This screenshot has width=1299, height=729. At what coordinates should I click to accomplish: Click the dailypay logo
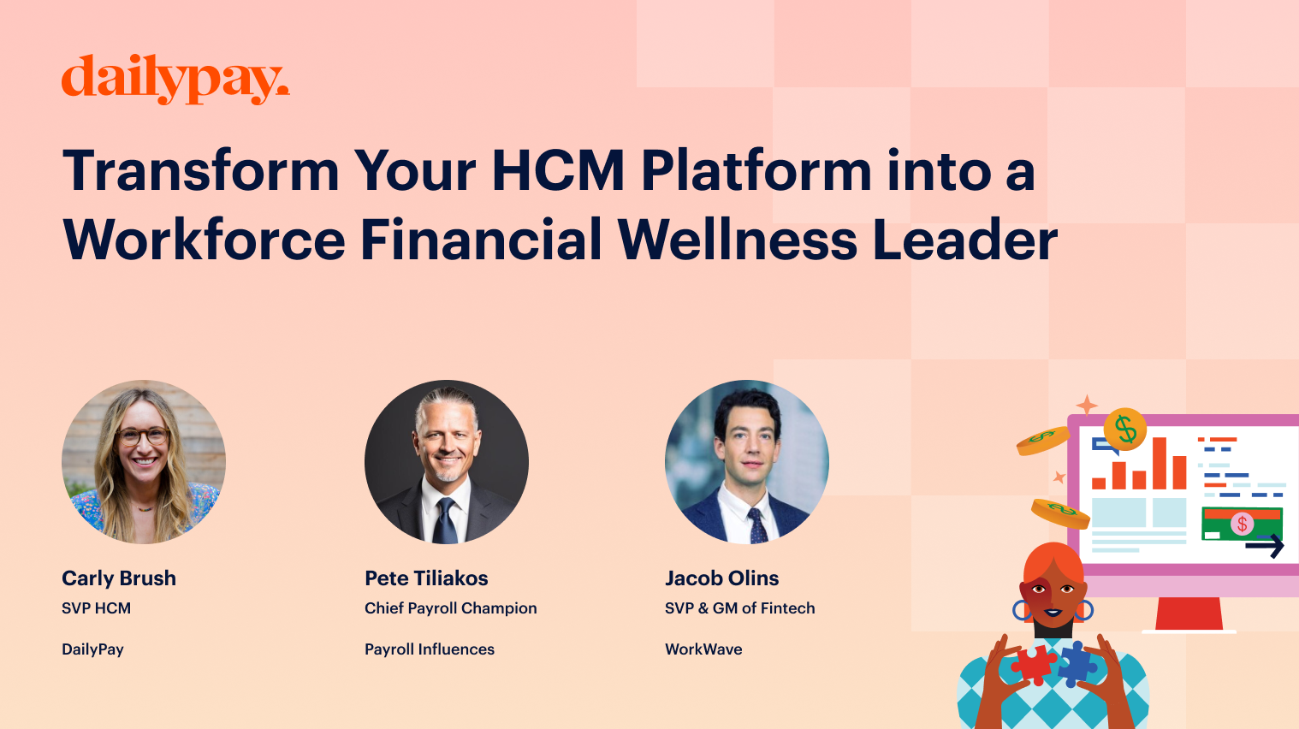pos(175,80)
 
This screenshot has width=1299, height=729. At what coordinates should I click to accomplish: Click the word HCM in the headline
pos(558,170)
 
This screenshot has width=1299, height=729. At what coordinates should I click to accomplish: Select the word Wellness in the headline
pos(737,240)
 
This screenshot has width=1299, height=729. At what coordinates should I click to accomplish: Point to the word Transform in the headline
pos(201,170)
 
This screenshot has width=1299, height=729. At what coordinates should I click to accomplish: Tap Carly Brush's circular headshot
pos(144,462)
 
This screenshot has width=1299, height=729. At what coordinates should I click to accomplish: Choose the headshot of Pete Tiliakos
pos(447,462)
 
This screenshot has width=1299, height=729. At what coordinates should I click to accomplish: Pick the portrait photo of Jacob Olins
pos(747,462)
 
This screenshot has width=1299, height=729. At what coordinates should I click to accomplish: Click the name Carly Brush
pos(119,578)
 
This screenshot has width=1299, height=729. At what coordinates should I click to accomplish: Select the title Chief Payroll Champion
pos(451,608)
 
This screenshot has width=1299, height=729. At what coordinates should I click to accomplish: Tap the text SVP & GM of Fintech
pos(740,608)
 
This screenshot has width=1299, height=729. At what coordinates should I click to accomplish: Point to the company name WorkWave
pos(703,649)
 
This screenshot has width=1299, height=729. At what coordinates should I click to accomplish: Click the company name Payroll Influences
pos(430,649)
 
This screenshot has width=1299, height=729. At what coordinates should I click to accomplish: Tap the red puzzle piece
pos(1034,664)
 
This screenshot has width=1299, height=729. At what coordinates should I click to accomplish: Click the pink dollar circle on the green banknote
pos(1242,524)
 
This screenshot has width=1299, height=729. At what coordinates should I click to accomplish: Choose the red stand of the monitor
pos(1189,613)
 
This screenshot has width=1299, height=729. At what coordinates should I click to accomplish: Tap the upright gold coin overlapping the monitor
pos(1125,429)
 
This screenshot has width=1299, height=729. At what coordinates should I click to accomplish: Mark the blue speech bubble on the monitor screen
pos(1104,446)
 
